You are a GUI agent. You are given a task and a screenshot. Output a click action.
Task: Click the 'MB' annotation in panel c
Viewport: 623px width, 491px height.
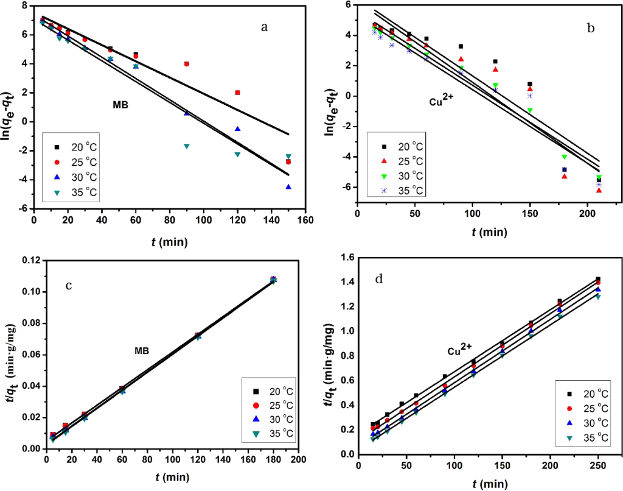142,351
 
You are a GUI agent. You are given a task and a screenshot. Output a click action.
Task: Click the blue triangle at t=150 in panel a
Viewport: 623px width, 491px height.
288,187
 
